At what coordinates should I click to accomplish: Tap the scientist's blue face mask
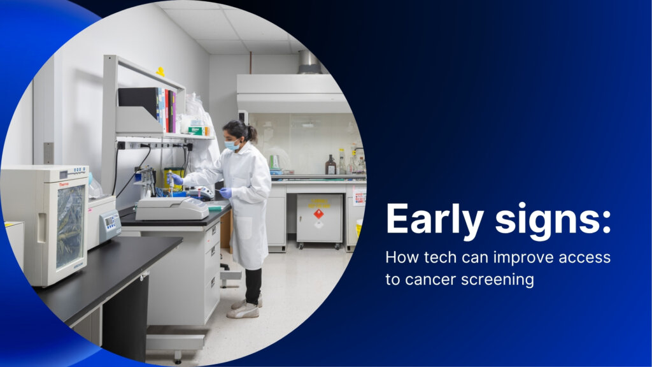(232, 145)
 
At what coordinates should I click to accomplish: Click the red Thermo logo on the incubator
(64, 184)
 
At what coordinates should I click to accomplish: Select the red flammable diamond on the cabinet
(318, 214)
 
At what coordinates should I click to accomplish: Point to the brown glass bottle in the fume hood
(330, 165)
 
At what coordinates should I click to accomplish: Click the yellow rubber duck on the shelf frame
(160, 72)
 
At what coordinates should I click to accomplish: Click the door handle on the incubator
(41, 228)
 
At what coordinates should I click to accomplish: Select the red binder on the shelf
(167, 110)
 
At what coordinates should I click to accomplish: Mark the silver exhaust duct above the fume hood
(309, 62)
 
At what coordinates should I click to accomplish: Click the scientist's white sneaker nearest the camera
(243, 311)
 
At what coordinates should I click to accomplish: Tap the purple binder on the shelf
(174, 112)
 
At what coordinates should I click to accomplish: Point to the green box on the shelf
(196, 131)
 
